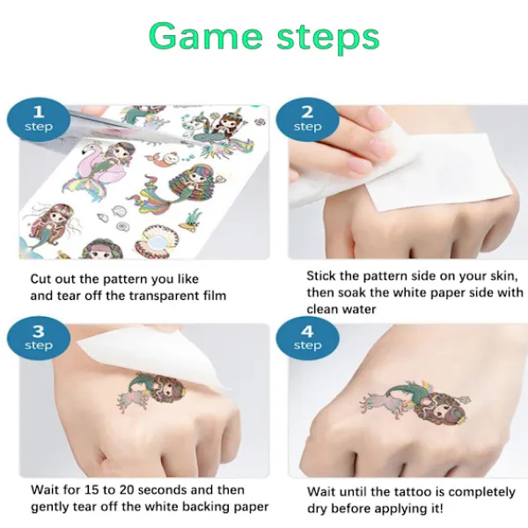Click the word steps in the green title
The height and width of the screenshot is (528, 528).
point(328,39)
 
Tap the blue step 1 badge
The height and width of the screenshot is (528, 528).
point(39,120)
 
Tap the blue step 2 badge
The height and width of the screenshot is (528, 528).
point(307,120)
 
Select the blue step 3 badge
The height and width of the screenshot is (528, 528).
point(39,338)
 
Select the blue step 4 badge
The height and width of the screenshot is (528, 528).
point(307,338)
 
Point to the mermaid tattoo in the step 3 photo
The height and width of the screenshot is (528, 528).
point(151,391)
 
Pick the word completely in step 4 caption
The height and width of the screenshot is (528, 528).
point(481,493)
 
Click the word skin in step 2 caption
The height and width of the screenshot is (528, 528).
point(503,276)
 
